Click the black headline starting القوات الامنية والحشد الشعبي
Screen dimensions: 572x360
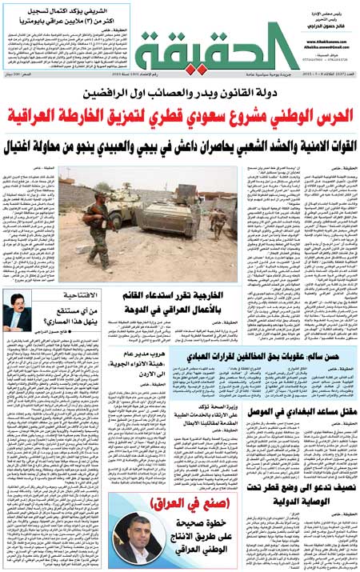[181, 143]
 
